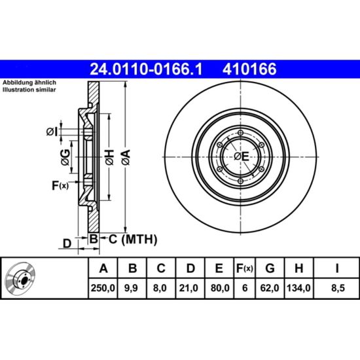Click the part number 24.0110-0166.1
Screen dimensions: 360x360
(146, 69)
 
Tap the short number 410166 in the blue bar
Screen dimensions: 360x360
(249, 69)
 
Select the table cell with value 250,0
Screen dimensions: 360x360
(103, 288)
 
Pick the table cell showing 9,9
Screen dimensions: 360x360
(132, 288)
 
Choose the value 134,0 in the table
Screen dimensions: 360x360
(298, 288)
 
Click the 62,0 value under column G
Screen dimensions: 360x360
(270, 288)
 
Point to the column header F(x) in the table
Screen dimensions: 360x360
(245, 268)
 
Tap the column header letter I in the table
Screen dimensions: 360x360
(337, 268)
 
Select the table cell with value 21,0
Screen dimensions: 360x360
(190, 288)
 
